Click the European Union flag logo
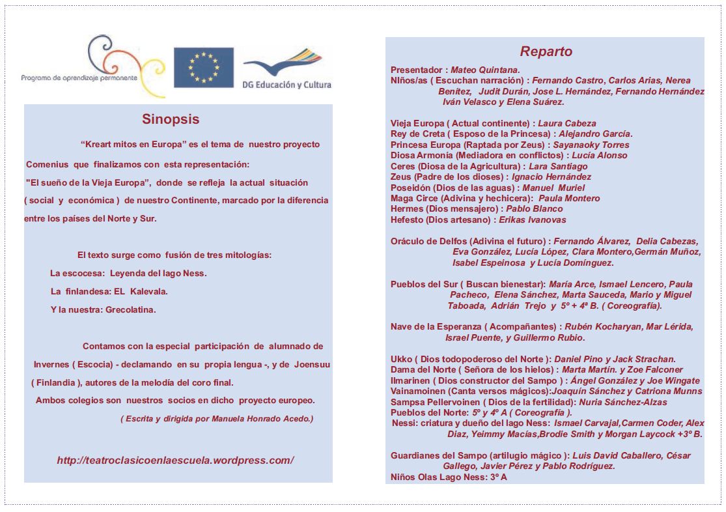[203, 67]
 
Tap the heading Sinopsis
[171, 119]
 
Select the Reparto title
[546, 52]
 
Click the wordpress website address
[175, 461]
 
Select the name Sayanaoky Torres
[591, 145]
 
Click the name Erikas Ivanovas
[533, 220]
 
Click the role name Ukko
[400, 359]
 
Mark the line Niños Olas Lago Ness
[449, 477]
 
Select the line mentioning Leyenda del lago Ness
[128, 274]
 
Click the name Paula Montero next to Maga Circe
[569, 198]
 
